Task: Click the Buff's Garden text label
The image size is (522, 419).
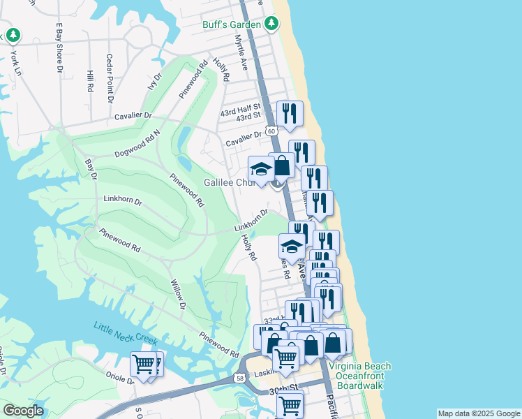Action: pos(230,24)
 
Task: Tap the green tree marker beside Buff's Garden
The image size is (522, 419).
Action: pos(272,24)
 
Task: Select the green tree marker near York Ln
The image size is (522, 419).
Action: pos(13,35)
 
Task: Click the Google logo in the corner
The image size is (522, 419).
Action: pos(23,411)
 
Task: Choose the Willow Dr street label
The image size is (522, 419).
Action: pos(177,295)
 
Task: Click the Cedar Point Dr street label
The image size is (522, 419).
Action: pos(110,78)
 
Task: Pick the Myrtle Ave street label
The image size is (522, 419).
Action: pos(241,53)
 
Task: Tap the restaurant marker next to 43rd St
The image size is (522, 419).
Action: pos(289,113)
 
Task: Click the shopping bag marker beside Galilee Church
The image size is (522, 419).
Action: pos(281,166)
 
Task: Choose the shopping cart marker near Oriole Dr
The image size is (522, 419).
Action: pos(144,364)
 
